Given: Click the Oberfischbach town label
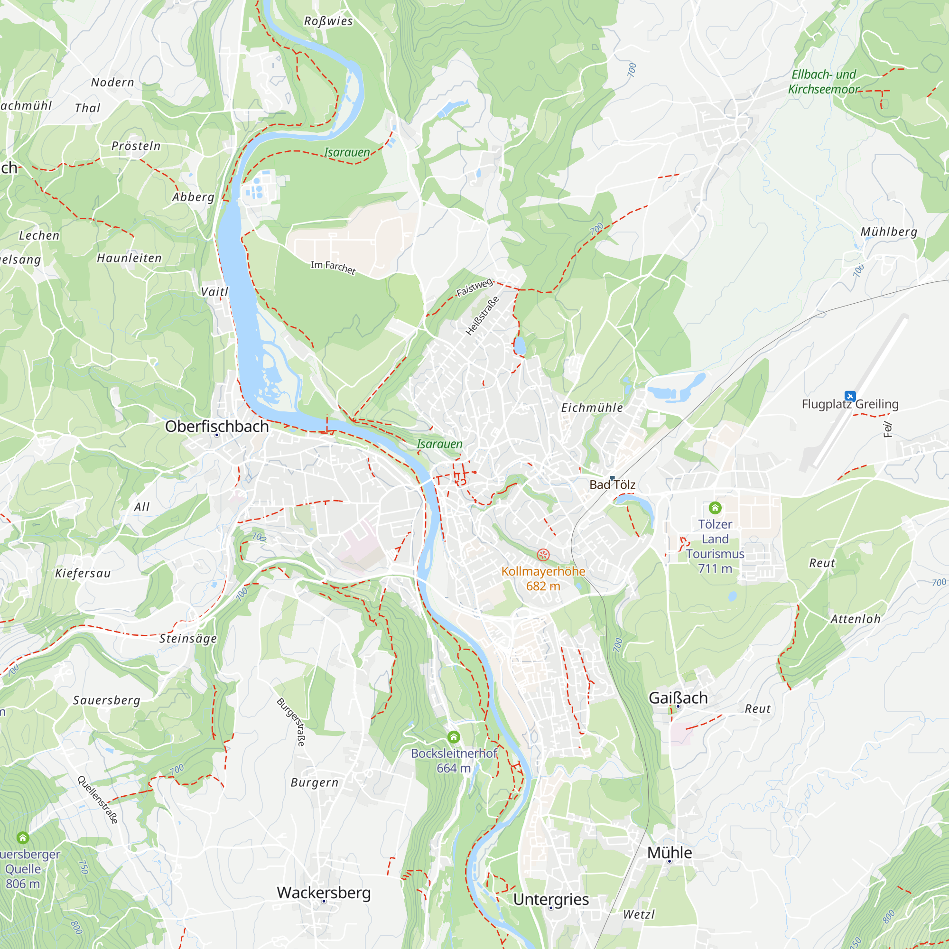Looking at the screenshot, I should coord(217,427).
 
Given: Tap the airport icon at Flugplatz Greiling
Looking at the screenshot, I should coord(850,396).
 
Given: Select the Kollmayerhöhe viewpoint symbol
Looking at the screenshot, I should coord(543,555).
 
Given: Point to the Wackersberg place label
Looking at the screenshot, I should coord(324,893).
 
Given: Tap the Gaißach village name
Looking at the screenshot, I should coord(678,698).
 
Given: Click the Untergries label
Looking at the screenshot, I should coord(550,899).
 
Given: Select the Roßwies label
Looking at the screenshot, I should coord(328,21).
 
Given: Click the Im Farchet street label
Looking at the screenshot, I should coord(333,267).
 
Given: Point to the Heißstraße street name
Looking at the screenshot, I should coord(482,316).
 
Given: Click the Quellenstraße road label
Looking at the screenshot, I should coord(98,800).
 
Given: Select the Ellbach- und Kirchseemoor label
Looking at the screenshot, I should coord(823,82).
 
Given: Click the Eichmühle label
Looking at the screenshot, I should coord(592,408).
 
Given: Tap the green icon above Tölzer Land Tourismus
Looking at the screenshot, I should coord(715,507).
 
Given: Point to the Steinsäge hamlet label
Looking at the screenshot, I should coord(187,639).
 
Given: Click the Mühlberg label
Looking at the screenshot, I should coord(889,232).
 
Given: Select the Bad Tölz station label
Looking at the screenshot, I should coord(612,484).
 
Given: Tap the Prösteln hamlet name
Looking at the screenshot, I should coord(136,146).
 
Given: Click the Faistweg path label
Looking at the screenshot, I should coord(474,287).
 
